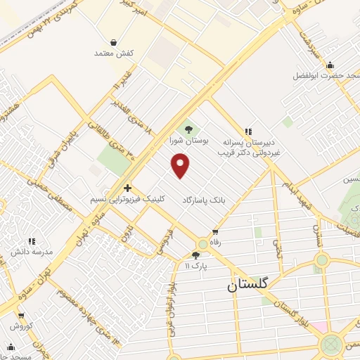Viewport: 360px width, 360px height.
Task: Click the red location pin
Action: [181, 165]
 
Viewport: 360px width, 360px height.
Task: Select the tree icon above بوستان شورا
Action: [188, 129]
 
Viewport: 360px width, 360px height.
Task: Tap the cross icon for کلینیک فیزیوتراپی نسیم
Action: [127, 188]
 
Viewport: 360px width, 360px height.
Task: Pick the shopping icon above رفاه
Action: [214, 232]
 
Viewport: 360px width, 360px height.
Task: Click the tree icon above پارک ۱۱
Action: [195, 255]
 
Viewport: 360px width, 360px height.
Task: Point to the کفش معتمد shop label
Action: [114, 53]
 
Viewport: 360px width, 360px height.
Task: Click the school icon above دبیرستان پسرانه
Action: [247, 131]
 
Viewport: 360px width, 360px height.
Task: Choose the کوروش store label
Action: [21, 326]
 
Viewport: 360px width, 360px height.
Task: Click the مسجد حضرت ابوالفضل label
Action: [323, 75]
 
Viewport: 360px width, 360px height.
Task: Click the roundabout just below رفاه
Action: [202, 243]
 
